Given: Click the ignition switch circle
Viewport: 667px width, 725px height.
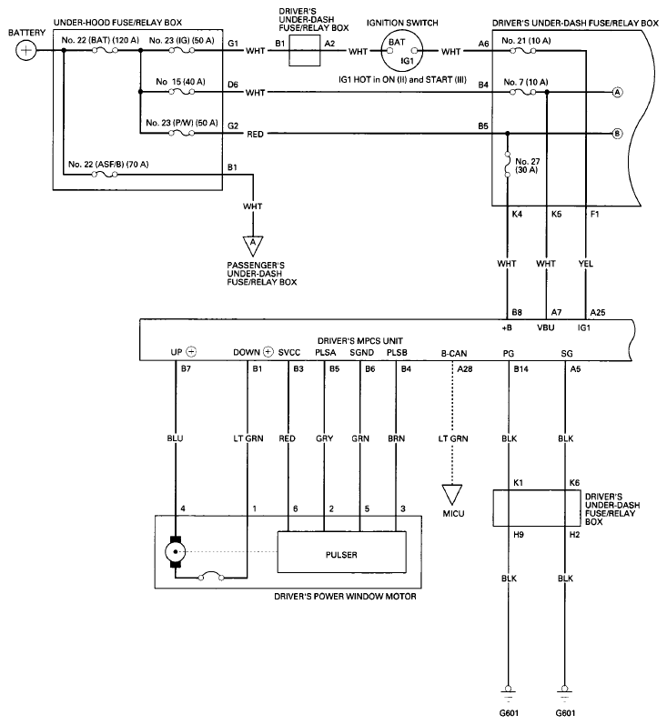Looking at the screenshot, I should pyautogui.click(x=407, y=51).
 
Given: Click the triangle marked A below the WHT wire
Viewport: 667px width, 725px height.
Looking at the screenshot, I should pyautogui.click(x=251, y=246).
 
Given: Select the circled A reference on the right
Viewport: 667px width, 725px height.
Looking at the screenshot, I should pyautogui.click(x=617, y=93).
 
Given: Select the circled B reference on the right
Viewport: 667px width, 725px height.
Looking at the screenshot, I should pyautogui.click(x=617, y=134).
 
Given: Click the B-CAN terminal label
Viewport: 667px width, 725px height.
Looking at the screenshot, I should pyautogui.click(x=455, y=351).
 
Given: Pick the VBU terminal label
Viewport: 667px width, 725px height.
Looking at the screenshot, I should pyautogui.click(x=547, y=326).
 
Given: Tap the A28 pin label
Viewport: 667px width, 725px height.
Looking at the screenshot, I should pyautogui.click(x=465, y=369).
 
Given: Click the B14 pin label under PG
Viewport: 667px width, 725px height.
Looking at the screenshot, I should pyautogui.click(x=520, y=369).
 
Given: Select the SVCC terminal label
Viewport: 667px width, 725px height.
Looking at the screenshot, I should pyautogui.click(x=289, y=351).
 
